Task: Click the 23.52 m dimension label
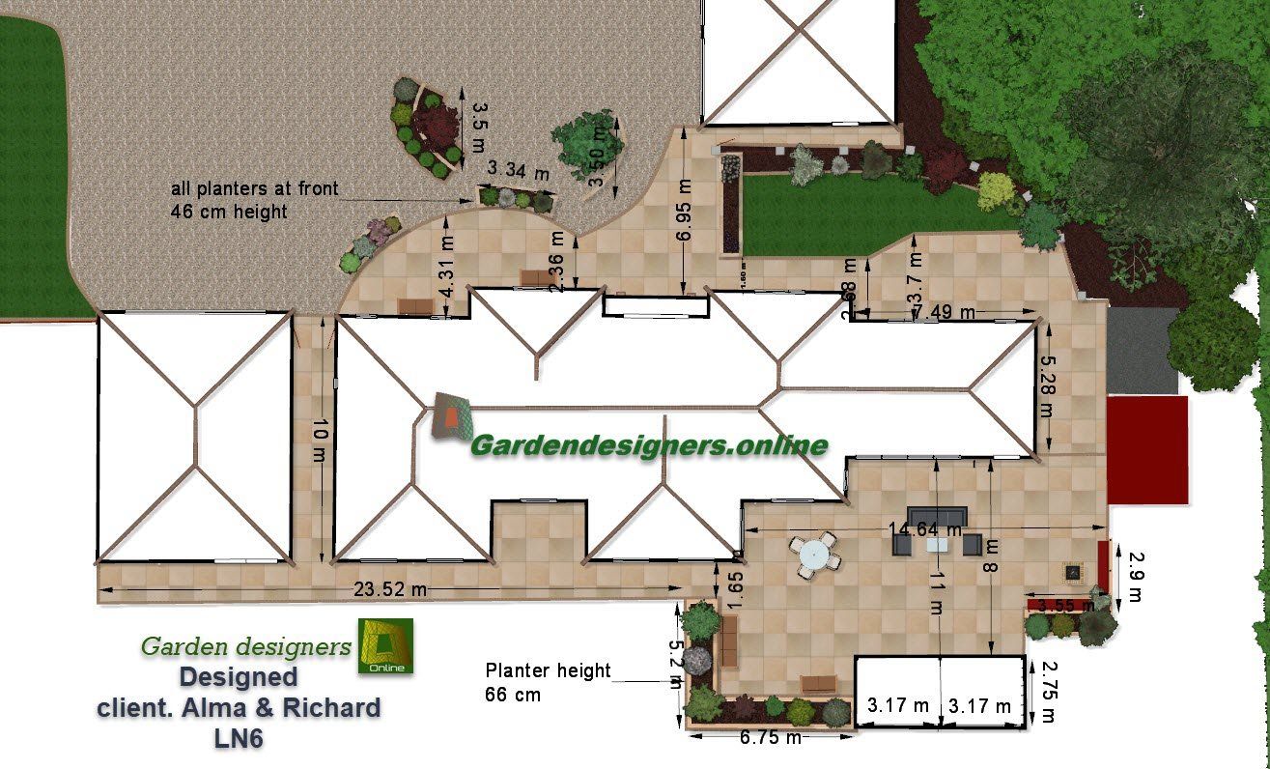point(390,587)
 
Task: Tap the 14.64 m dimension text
point(926,529)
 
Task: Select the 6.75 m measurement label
point(770,738)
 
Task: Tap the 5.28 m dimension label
point(1046,384)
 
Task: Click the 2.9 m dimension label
point(1136,577)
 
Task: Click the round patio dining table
point(813,555)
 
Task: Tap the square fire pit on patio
point(1072,571)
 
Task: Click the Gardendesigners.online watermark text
point(648,445)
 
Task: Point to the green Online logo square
point(385,645)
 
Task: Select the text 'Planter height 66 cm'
point(548,681)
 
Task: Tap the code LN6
point(239,738)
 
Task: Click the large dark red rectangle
point(1146,449)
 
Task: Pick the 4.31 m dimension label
point(446,273)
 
